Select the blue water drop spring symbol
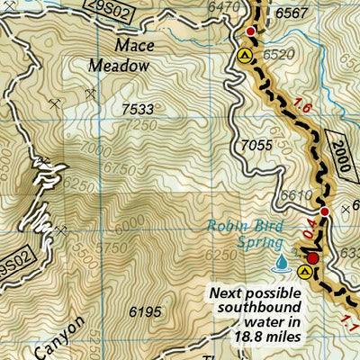(283, 262)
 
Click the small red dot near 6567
(251, 31)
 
